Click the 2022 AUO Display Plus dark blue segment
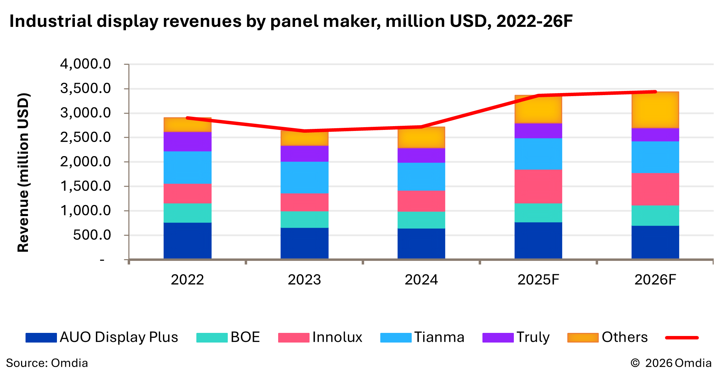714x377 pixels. point(187,241)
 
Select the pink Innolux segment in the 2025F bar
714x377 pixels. point(538,186)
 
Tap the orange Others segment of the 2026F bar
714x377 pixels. point(655,110)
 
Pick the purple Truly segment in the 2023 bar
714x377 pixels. point(304,154)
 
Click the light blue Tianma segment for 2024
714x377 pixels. point(421,176)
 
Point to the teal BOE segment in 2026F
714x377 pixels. point(655,215)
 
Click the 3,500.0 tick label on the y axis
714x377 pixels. point(85,89)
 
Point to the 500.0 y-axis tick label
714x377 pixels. point(92,235)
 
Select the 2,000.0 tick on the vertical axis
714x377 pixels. point(85,162)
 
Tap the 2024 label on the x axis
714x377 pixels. point(421,279)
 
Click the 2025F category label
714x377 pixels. point(538,279)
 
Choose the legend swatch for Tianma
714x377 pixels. point(396,337)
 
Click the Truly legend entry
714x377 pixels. point(533,337)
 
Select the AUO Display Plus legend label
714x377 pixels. point(119,337)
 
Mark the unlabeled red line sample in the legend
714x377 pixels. point(682,338)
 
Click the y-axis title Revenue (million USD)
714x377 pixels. point(23,172)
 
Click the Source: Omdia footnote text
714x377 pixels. point(47,363)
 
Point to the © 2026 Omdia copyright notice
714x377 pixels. point(671,363)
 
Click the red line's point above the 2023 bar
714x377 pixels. point(304,131)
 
